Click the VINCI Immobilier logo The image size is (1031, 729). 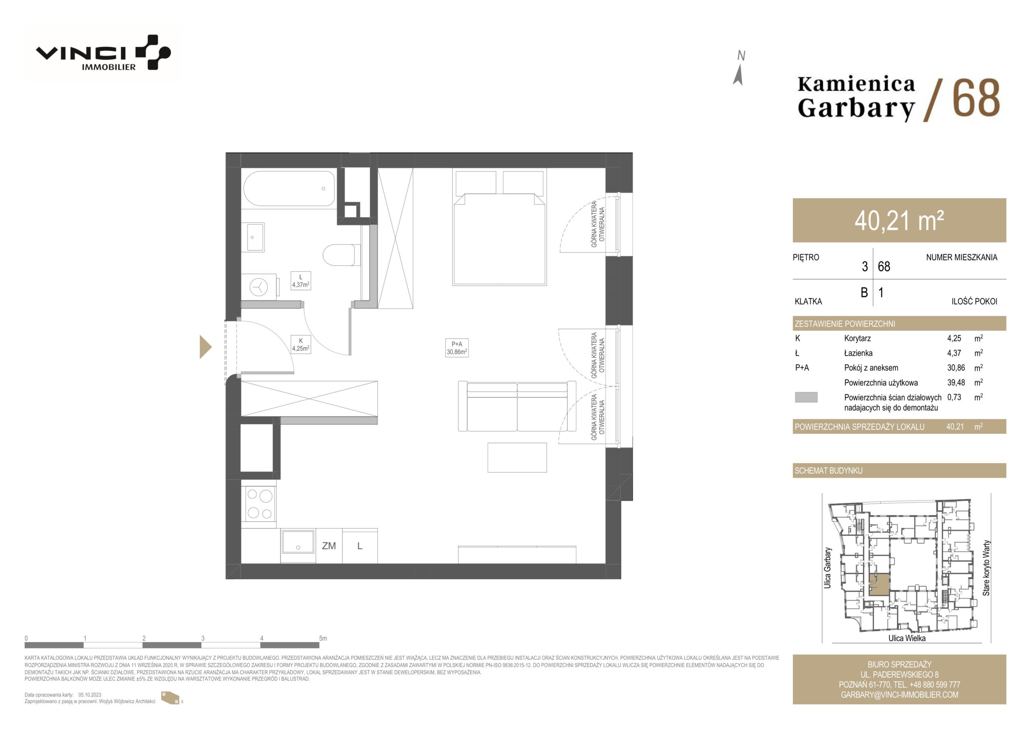coord(103,53)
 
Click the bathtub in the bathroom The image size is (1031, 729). coord(289,188)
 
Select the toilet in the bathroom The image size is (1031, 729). coord(341,255)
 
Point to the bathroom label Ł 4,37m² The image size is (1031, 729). coord(300,281)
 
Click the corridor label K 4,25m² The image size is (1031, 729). coord(300,344)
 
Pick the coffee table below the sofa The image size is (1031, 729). coord(517,458)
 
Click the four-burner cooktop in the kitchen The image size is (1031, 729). coord(259,504)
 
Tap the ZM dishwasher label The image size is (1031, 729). coord(329,546)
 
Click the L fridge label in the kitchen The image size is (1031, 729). coord(360,546)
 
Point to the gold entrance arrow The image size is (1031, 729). coord(205,347)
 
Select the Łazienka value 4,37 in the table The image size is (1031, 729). coord(954,353)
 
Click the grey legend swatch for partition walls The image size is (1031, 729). coord(806,397)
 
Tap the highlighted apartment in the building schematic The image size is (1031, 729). coord(879,584)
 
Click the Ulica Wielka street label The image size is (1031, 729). coord(907,638)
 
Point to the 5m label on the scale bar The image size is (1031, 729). coord(323,638)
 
